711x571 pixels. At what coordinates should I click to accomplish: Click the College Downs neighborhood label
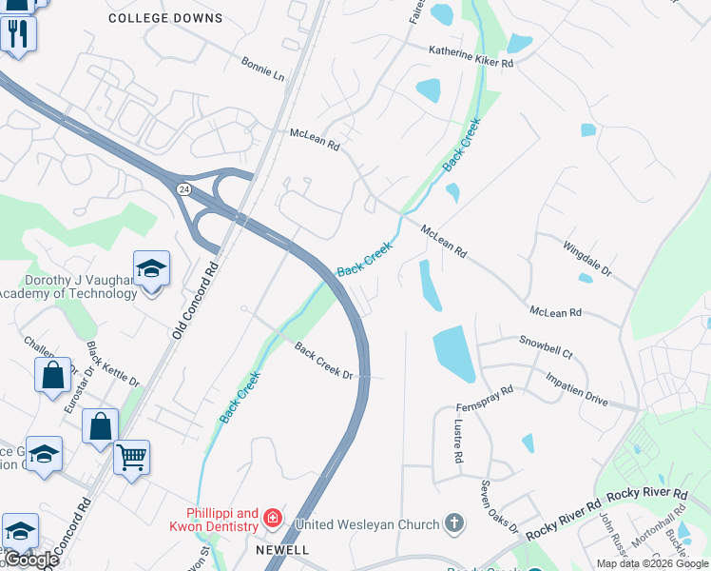click(x=165, y=18)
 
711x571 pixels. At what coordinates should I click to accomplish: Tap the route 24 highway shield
click(x=183, y=189)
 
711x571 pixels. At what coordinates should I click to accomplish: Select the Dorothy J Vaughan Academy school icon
click(x=151, y=269)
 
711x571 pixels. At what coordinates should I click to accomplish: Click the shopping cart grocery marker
click(x=131, y=456)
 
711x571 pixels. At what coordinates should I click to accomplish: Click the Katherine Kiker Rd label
click(x=471, y=56)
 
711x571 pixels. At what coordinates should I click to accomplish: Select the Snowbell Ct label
click(x=546, y=346)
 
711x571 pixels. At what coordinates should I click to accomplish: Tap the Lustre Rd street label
click(x=458, y=442)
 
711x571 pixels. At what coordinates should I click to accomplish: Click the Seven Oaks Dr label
click(x=499, y=506)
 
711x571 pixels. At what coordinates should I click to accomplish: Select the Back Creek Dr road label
click(x=323, y=362)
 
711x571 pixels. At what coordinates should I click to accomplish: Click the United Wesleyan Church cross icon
click(x=454, y=523)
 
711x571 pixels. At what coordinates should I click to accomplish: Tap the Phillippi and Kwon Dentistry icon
click(x=273, y=519)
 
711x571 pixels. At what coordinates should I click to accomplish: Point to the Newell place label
click(x=281, y=550)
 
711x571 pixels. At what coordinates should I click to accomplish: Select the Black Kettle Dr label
click(x=112, y=364)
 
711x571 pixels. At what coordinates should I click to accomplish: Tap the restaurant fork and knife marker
click(x=18, y=34)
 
